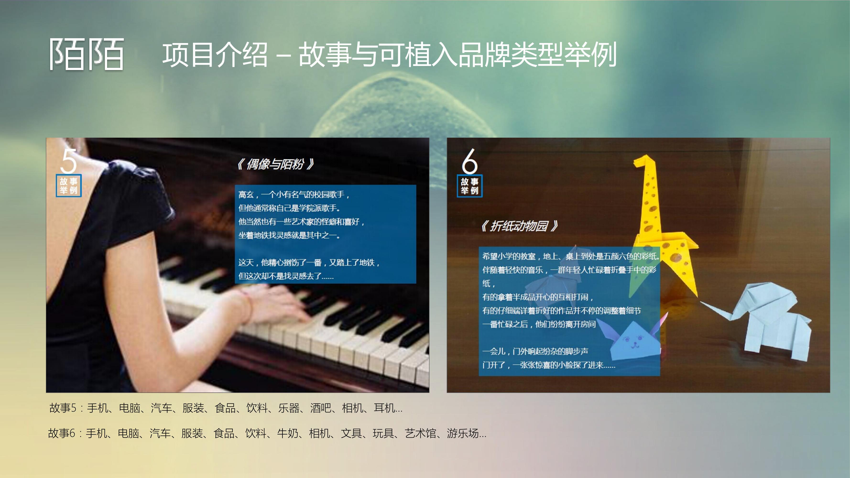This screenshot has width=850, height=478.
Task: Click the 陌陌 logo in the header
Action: click(x=87, y=54)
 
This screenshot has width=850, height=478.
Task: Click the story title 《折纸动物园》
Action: click(x=519, y=226)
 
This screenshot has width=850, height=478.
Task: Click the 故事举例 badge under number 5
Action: click(x=69, y=186)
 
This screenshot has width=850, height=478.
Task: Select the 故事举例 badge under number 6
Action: click(x=469, y=186)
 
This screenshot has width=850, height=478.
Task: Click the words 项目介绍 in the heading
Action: click(x=214, y=54)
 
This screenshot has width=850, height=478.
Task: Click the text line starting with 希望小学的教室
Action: click(x=571, y=256)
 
